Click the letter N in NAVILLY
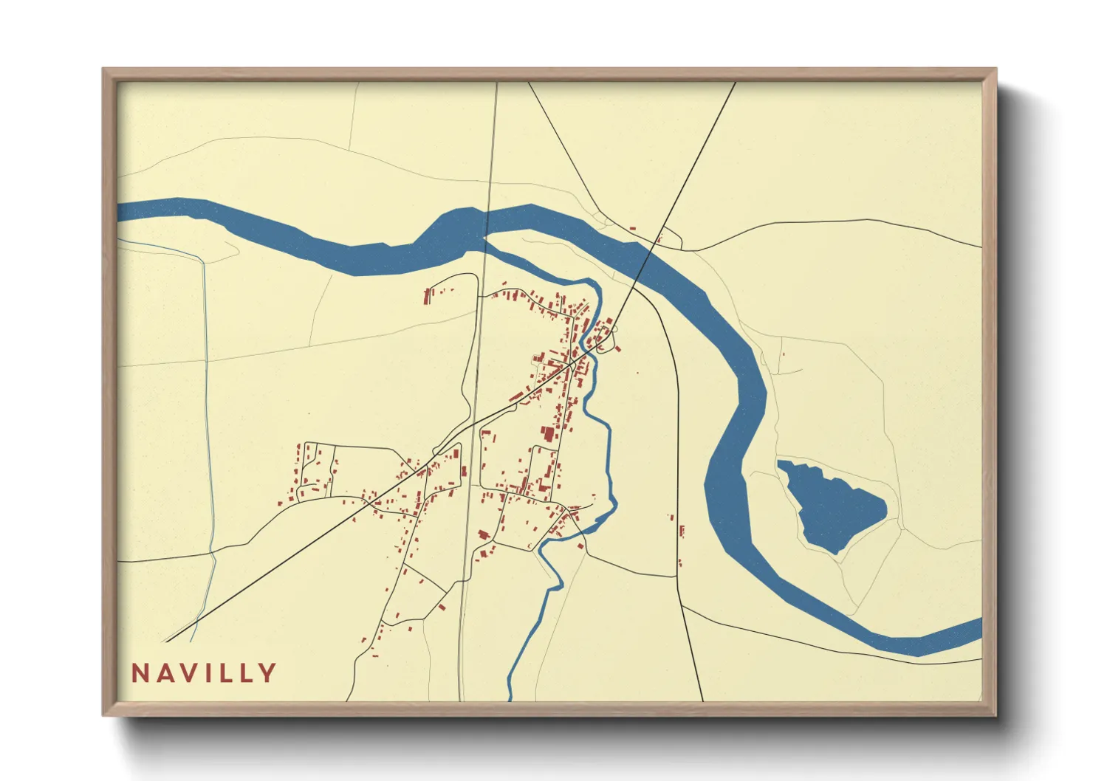(140, 673)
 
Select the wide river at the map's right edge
(973, 633)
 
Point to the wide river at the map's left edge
(127, 211)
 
